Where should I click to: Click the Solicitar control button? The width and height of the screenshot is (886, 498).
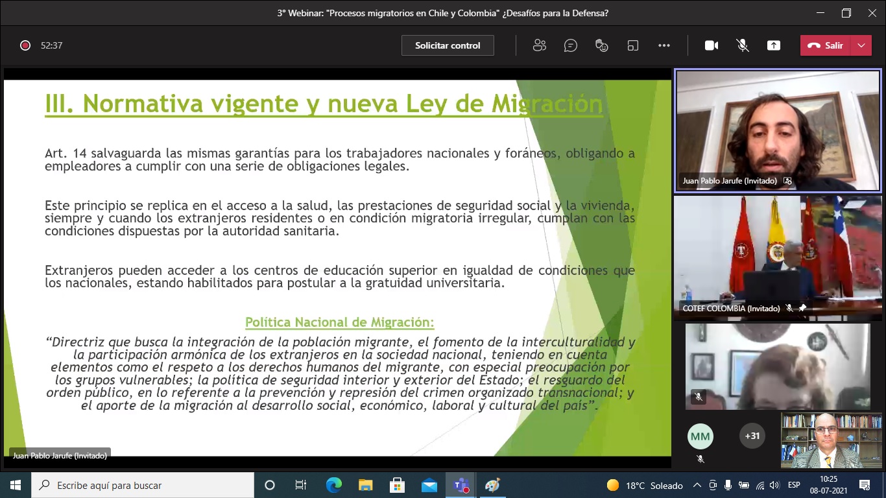tap(448, 45)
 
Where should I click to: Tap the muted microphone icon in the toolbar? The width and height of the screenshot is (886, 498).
tap(743, 45)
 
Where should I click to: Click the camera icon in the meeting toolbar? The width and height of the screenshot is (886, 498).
tap(711, 45)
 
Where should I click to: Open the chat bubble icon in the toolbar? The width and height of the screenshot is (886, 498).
tap(570, 45)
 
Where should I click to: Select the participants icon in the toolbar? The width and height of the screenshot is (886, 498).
tap(539, 45)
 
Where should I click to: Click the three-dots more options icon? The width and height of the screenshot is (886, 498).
tap(664, 45)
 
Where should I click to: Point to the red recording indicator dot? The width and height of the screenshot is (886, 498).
tap(25, 45)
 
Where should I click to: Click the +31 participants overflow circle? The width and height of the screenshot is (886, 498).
tap(752, 436)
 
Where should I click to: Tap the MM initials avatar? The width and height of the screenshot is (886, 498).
tap(700, 436)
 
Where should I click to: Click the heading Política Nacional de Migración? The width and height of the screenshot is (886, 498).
tap(340, 322)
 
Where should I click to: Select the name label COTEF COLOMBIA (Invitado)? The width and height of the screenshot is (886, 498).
tap(731, 309)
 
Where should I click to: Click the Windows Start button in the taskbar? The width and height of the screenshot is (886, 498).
tap(16, 485)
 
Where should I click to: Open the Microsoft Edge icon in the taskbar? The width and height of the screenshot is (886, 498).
tap(333, 485)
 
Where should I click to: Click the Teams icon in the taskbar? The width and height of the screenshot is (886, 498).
tap(461, 485)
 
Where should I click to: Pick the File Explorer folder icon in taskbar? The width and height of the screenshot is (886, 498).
tap(365, 485)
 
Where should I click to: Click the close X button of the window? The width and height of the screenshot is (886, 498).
tap(872, 13)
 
